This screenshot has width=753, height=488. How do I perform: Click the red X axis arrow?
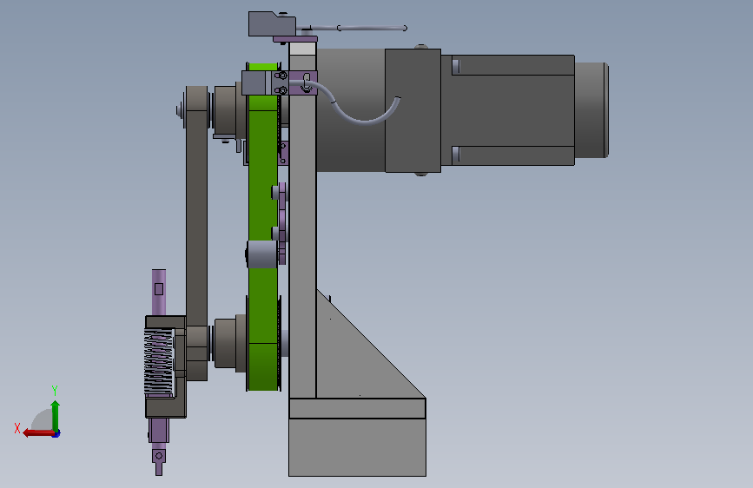38,433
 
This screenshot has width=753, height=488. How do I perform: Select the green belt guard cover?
263,226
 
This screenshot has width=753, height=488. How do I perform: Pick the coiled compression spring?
158,362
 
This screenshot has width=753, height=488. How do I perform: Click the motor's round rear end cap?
591,110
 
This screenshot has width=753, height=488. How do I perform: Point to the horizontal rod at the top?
358,29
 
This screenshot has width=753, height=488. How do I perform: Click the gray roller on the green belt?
262,254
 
